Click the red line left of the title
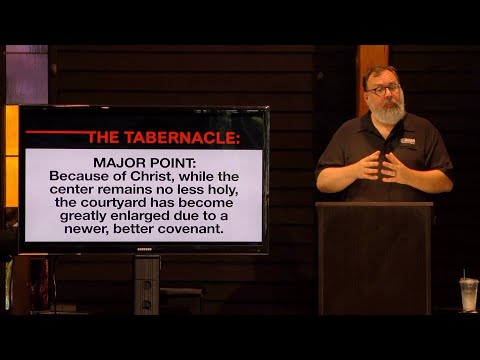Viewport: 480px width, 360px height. point(56,133)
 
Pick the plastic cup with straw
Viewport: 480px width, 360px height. point(468,293)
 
